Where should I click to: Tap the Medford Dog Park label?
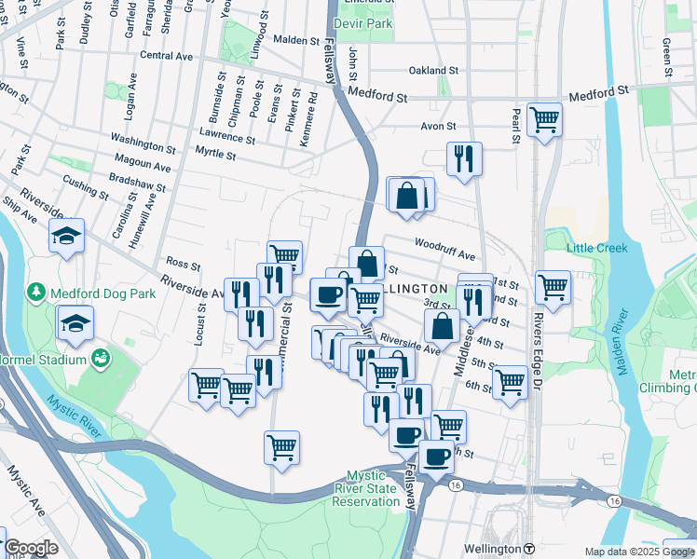pos(88,293)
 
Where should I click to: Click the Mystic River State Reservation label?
pos(373,488)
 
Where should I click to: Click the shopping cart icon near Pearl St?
pos(543,119)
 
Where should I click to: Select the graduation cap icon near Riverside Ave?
pos(67,237)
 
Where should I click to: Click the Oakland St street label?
pos(433,70)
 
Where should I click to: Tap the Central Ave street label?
pos(165,56)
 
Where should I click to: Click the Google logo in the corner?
pos(31,549)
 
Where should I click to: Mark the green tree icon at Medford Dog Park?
pos(36,293)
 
